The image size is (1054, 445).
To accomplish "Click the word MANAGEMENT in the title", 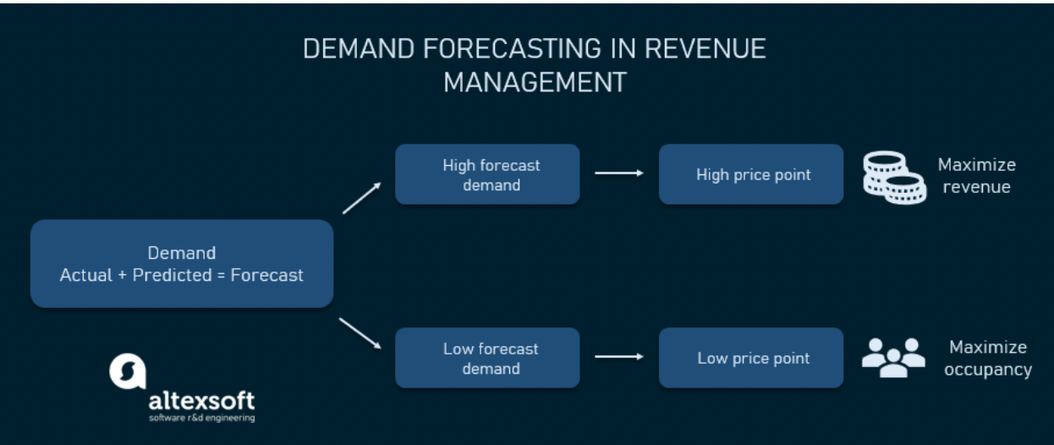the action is coord(535,82).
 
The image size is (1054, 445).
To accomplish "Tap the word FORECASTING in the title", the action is coord(512,48).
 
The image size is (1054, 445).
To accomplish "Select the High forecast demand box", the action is coord(487,174).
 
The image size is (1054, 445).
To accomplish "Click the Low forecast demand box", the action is coord(487,358).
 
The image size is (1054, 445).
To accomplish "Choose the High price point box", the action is coord(751,174).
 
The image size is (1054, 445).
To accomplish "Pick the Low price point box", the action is coord(751,358).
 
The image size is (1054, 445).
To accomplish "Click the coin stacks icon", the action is coord(894,178).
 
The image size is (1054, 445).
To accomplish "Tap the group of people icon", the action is coord(893,358).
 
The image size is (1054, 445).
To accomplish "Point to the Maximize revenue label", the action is coord(977,175).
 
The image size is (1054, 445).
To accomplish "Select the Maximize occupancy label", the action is coord(988,358).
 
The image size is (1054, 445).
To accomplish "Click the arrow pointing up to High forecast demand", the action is coord(361,199).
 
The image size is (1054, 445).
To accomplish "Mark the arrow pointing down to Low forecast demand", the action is coord(360,333).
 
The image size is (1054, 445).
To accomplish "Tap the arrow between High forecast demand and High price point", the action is coord(619,173).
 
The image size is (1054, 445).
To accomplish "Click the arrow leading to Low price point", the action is coord(619,356).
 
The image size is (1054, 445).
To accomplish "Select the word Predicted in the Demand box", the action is coord(173,275).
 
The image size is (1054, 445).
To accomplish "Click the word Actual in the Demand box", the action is coord(86,275).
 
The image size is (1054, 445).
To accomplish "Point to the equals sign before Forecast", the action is coord(221,276).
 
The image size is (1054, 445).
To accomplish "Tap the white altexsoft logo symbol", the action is coord(128,371).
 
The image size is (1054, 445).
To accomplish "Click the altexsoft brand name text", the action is coord(201,401).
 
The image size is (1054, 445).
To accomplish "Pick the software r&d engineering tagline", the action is coord(202,418).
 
